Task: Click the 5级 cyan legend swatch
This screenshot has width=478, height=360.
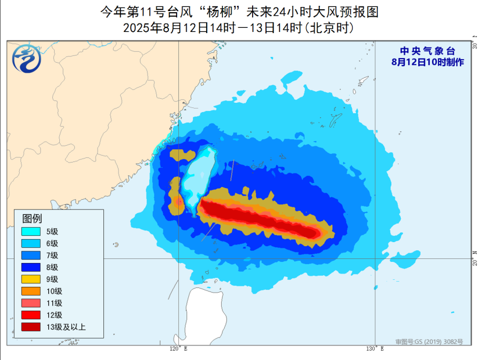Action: point(31,232)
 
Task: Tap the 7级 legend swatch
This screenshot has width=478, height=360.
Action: point(31,255)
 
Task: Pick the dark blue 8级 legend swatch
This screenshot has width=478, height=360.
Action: point(31,268)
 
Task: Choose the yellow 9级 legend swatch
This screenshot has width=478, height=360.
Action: point(31,279)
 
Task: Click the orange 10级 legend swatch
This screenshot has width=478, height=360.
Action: point(31,291)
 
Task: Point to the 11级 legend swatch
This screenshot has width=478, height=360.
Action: point(31,303)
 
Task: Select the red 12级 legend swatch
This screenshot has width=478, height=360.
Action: point(31,315)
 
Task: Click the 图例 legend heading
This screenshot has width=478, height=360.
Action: point(32,219)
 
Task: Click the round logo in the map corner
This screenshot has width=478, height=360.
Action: point(26,58)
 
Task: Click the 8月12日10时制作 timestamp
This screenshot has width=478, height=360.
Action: point(427,62)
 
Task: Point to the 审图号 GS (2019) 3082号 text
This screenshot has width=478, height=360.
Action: point(429,342)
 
